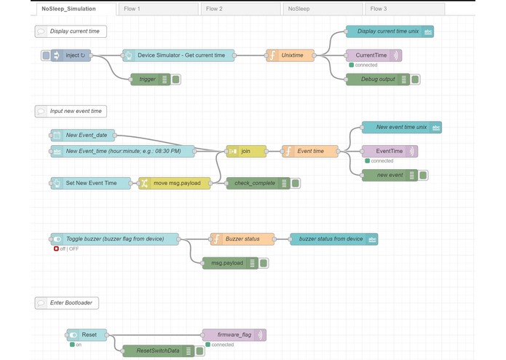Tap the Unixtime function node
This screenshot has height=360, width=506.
pos(291,55)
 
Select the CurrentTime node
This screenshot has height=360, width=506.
pos(373,55)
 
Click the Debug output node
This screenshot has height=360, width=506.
pos(377,79)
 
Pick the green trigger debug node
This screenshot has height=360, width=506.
pos(149,79)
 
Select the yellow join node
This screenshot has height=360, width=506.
pos(246,152)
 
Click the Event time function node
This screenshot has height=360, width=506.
pos(310,152)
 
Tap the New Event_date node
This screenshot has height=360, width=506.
pos(86,135)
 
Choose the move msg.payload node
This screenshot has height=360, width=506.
pos(175,183)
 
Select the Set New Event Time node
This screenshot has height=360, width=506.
pos(90,183)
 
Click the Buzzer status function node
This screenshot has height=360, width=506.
pos(242,239)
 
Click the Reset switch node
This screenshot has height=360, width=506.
pos(87,335)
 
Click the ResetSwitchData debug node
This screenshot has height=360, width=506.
pos(158,351)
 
